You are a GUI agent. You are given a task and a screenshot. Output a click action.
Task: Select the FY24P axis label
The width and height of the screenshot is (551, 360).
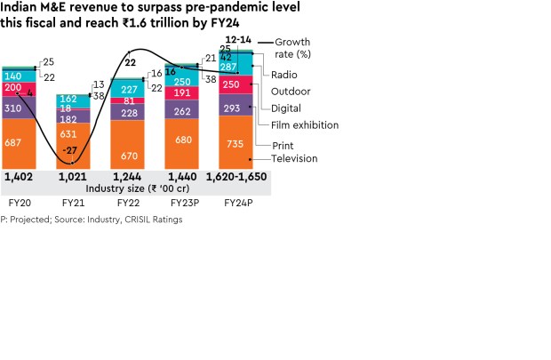click(x=236, y=203)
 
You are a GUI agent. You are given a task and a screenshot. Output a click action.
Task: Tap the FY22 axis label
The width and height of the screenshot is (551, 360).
click(x=128, y=203)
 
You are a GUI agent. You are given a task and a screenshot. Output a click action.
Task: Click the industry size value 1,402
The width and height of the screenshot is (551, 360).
click(x=20, y=178)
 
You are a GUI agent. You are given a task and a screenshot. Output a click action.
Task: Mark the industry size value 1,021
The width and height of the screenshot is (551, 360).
click(x=74, y=178)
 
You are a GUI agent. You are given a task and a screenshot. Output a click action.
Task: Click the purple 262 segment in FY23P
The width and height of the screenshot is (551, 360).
click(x=182, y=112)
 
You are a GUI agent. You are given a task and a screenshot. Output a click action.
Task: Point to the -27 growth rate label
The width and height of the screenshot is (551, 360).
click(x=70, y=150)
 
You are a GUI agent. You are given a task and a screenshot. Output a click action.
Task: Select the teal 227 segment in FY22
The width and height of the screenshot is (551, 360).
click(x=129, y=89)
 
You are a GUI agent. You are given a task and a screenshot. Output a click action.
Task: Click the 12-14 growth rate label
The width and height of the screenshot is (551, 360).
click(x=237, y=40)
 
